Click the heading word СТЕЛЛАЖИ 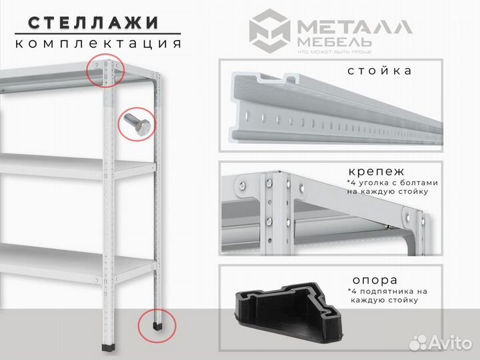pyautogui.click(x=94, y=21)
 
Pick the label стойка pyautogui.click(x=379, y=71)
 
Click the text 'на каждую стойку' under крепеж pyautogui.click(x=387, y=191)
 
